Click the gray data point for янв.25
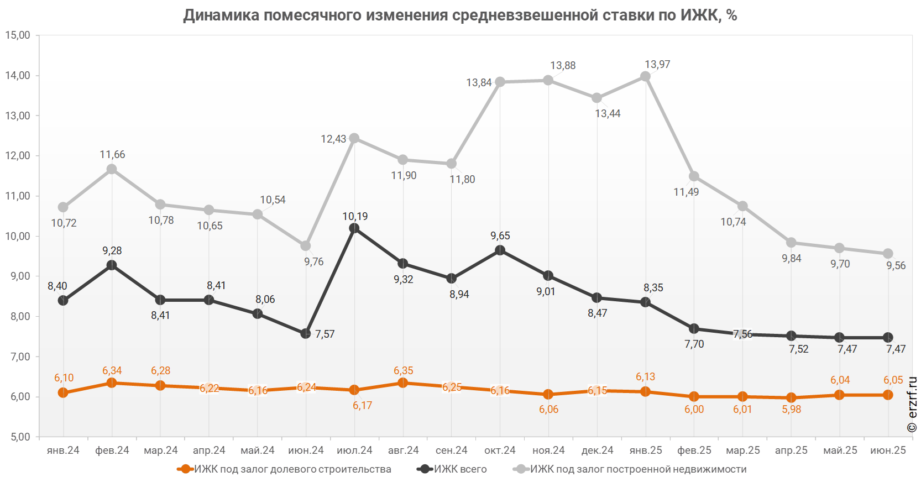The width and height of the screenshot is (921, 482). pyautogui.click(x=645, y=77)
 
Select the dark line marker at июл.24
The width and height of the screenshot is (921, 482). pyautogui.click(x=354, y=228)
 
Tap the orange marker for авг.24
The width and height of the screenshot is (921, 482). pyautogui.click(x=403, y=383)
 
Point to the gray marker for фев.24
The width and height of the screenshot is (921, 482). pyautogui.click(x=112, y=169)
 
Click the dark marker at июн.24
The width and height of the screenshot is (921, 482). pyautogui.click(x=306, y=333)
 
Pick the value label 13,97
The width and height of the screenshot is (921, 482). pyautogui.click(x=657, y=65)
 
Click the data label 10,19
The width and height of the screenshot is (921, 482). pyautogui.click(x=355, y=216)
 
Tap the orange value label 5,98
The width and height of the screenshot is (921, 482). pyautogui.click(x=791, y=409)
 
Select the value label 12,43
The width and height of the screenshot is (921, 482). pyautogui.click(x=333, y=139)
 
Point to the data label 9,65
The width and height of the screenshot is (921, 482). pyautogui.click(x=500, y=235)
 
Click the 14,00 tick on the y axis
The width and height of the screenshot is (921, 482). pyautogui.click(x=18, y=76)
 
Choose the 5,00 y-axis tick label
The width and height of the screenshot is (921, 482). pyautogui.click(x=18, y=437)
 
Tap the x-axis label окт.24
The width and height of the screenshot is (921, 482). pyautogui.click(x=500, y=450)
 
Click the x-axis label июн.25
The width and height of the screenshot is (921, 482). pyautogui.click(x=888, y=450)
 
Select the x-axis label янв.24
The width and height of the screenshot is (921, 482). pyautogui.click(x=63, y=450)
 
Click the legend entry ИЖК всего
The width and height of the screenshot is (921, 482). pyautogui.click(x=460, y=469)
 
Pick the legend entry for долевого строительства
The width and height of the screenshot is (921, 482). pyautogui.click(x=293, y=469)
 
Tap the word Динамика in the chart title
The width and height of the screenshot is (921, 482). pyautogui.click(x=221, y=15)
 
